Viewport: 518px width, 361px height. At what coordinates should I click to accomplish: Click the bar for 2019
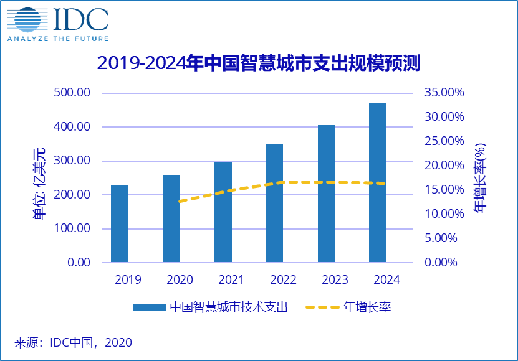click(120, 223)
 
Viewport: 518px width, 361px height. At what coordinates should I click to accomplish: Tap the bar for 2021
click(223, 212)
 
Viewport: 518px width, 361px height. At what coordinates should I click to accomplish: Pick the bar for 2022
click(274, 204)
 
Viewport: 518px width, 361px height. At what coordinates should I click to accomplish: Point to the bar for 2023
click(326, 194)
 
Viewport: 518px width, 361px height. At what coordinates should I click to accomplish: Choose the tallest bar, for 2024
click(378, 182)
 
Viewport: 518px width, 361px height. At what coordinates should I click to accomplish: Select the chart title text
click(259, 63)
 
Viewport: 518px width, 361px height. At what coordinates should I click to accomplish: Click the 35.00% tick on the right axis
click(444, 93)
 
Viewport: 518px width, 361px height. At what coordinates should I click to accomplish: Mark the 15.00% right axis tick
click(444, 190)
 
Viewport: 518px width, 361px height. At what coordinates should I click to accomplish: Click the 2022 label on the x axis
click(274, 280)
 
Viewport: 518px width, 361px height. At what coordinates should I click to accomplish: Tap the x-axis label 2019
click(120, 280)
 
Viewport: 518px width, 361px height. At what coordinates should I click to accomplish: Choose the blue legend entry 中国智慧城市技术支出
click(211, 307)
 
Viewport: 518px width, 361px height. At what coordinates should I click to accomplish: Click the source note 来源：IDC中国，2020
click(73, 342)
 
